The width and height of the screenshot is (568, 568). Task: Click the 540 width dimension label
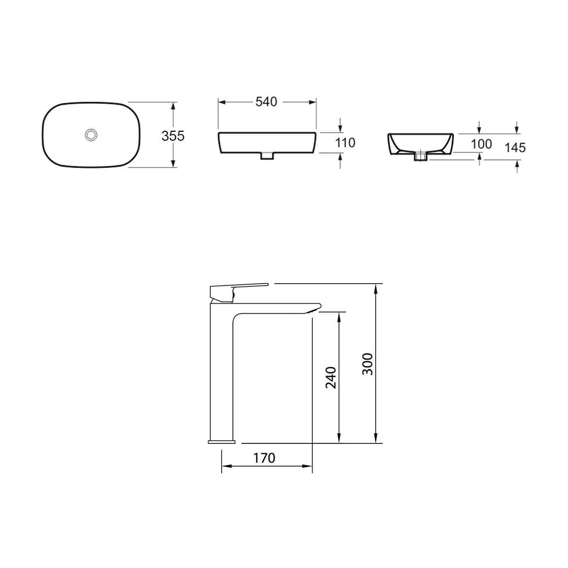(x=267, y=102)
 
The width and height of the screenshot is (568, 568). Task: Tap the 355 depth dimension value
(x=173, y=136)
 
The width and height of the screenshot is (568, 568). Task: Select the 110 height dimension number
(x=345, y=143)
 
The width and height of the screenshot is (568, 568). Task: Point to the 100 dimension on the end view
(x=482, y=144)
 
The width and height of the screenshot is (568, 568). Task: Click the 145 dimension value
(x=515, y=147)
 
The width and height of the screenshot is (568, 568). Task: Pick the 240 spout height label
(x=331, y=377)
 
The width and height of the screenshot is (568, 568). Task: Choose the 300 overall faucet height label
(x=367, y=364)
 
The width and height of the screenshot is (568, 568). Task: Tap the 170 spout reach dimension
(x=264, y=458)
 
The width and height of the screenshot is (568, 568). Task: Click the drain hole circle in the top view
(x=91, y=135)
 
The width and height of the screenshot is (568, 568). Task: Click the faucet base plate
(x=222, y=441)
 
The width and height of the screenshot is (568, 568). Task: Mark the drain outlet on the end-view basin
(x=420, y=156)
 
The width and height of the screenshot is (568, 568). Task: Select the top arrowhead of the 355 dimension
(x=174, y=106)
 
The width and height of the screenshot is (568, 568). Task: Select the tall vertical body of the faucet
(x=222, y=373)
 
